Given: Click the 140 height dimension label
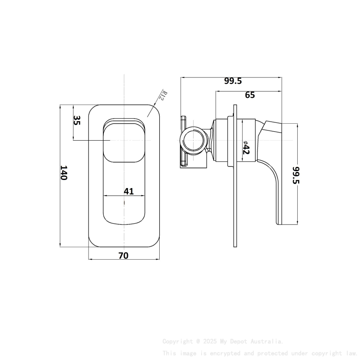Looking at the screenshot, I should click(x=64, y=173).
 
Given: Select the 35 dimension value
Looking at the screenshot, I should click(x=77, y=120).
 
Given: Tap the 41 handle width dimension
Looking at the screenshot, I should click(x=129, y=191).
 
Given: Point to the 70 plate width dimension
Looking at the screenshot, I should click(x=123, y=255).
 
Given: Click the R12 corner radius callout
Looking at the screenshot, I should click(x=162, y=97).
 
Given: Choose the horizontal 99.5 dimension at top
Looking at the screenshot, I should click(x=233, y=81).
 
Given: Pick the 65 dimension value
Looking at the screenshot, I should click(x=250, y=95).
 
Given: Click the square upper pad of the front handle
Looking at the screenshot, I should click(x=124, y=141).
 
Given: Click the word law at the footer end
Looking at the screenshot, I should click(x=351, y=353).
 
